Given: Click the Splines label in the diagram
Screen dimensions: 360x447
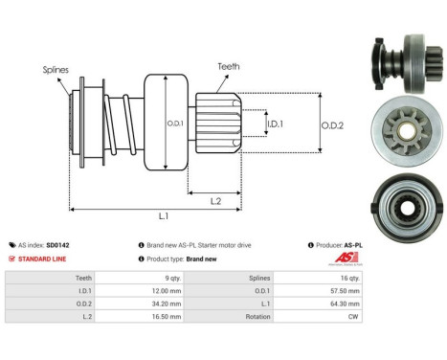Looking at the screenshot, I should [56, 70].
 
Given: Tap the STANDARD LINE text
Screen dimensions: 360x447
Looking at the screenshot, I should [44, 259].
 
